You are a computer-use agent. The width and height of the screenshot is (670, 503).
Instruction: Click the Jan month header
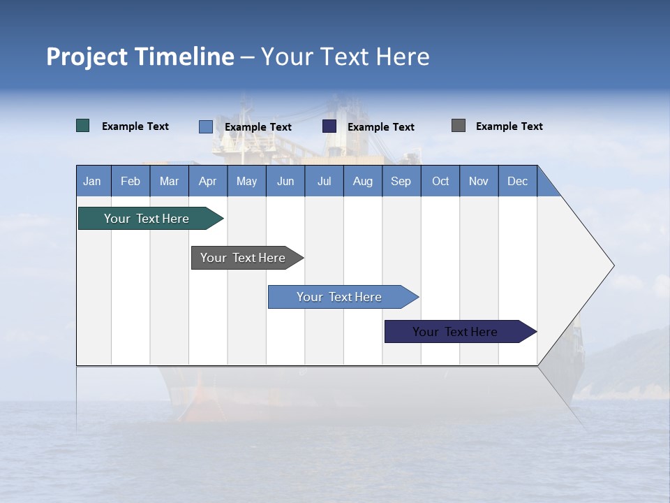(93, 181)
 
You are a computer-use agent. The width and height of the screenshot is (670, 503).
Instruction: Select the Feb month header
(131, 181)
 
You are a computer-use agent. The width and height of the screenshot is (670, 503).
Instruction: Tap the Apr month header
(208, 181)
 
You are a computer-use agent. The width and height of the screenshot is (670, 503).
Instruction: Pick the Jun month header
(285, 181)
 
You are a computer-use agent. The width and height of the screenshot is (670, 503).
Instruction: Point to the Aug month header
(363, 181)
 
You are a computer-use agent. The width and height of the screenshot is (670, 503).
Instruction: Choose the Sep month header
(401, 181)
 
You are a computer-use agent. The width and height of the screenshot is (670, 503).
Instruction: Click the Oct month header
(440, 181)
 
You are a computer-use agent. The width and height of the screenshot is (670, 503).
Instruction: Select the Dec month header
(518, 181)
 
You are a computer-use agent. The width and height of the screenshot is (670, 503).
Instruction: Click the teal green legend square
(83, 126)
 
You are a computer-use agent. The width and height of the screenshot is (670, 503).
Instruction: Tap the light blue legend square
(206, 126)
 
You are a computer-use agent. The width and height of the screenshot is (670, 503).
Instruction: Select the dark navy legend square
(329, 126)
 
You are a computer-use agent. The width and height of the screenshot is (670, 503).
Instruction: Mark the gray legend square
(459, 126)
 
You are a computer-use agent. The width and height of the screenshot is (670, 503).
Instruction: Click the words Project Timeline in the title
(140, 57)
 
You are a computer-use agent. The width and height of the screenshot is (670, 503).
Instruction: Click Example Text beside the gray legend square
(509, 126)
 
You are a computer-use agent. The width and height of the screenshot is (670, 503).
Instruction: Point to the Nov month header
(479, 181)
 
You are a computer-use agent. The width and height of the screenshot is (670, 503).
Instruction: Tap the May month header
(246, 181)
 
